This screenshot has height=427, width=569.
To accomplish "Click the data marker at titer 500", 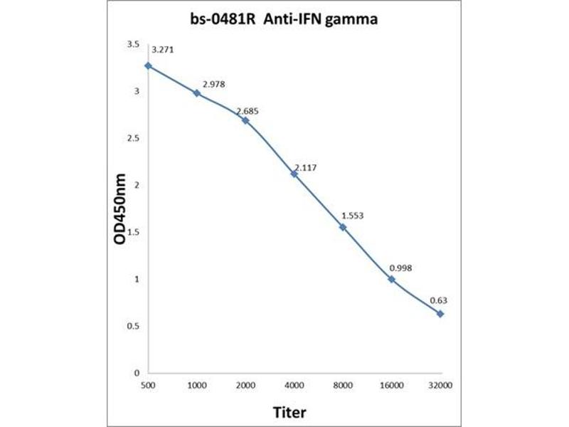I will coord(148,65).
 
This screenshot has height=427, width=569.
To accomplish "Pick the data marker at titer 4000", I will coord(294,174).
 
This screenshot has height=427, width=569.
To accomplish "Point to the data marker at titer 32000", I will coord(440,314).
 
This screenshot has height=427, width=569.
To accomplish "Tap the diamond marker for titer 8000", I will coord(343,227).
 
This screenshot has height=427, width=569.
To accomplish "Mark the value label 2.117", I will coord(304,167).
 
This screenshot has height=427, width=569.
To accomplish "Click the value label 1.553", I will coord(353,215).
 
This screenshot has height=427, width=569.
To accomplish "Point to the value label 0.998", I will coord(400,268).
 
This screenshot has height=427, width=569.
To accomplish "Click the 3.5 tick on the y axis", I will coord(133,44).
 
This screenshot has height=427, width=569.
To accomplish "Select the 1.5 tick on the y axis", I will coord(133,232).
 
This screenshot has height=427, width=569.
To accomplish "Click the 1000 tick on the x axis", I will coord(196,385).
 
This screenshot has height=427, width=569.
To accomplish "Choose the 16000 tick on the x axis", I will coord(391,385).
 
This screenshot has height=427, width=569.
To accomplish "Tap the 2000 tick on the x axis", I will coord(245,385).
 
